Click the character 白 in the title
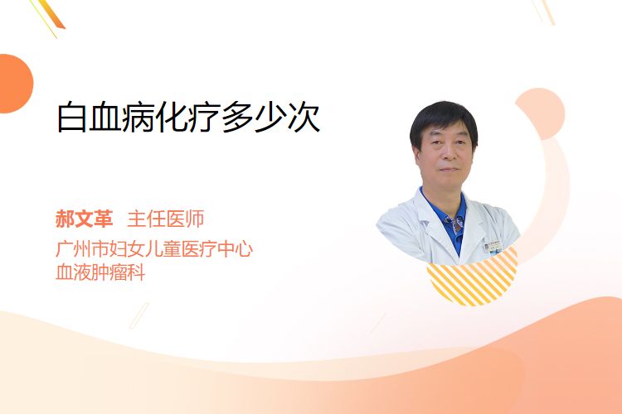point(72,118)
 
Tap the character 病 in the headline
point(138,118)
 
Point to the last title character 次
point(304,118)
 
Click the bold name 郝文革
point(84,219)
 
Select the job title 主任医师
point(166,219)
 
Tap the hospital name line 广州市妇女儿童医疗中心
point(154,248)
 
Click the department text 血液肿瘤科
point(100,272)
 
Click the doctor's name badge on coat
point(493,246)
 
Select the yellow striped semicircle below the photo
point(473,278)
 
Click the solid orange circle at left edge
point(14,84)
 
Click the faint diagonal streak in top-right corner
point(544,12)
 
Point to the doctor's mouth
point(449,169)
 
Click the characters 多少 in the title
point(254,118)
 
